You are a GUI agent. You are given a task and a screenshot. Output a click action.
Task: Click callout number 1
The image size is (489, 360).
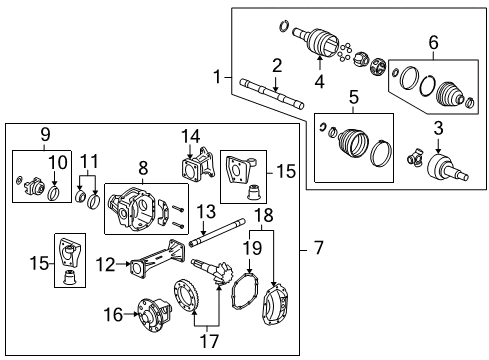point(218,77)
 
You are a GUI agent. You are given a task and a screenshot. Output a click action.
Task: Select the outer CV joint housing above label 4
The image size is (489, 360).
point(322,41)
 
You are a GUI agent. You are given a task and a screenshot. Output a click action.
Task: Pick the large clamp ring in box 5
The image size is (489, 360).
point(381,155)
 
